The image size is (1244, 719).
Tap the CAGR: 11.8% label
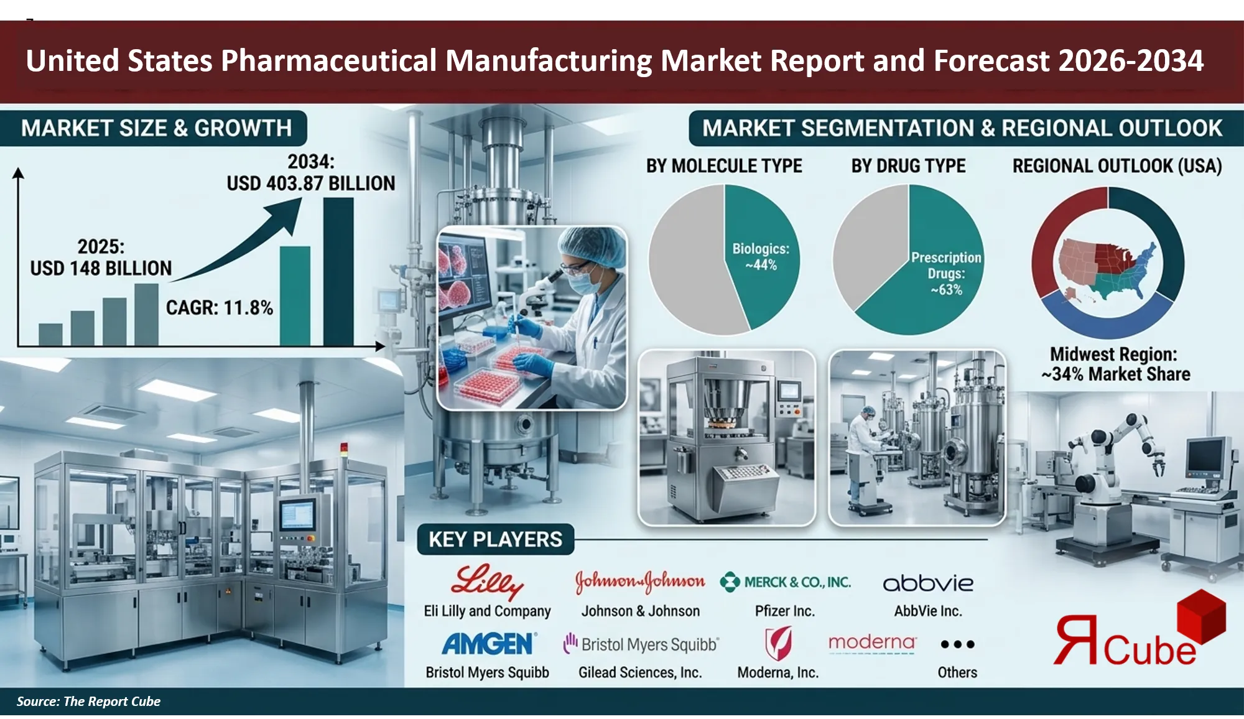tap(219, 307)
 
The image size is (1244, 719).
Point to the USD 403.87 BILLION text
tap(310, 183)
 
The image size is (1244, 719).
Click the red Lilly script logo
tap(487, 582)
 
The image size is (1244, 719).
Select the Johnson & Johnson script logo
tap(640, 582)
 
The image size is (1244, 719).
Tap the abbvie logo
tap(928, 583)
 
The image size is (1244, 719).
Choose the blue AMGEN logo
tap(488, 644)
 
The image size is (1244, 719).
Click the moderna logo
tap(872, 642)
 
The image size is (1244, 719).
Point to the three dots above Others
tap(957, 644)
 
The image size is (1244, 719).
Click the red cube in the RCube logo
tap(1202, 616)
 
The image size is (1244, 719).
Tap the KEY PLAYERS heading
tap(495, 539)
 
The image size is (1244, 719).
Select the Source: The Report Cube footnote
tap(88, 702)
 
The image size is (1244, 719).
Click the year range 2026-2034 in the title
tap(1130, 61)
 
